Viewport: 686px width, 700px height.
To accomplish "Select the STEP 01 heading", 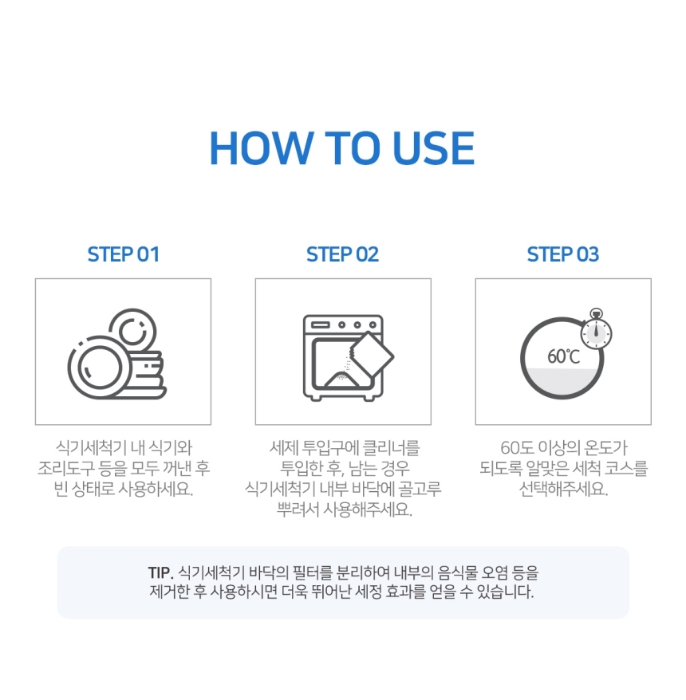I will pyautogui.click(x=124, y=254).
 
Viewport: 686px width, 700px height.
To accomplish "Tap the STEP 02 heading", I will pyautogui.click(x=343, y=254).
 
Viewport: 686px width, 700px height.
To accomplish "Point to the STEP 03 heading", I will pyautogui.click(x=563, y=254).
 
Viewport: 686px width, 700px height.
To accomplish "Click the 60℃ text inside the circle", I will pyautogui.click(x=563, y=356).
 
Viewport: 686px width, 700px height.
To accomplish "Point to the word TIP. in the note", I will pyautogui.click(x=160, y=572).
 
